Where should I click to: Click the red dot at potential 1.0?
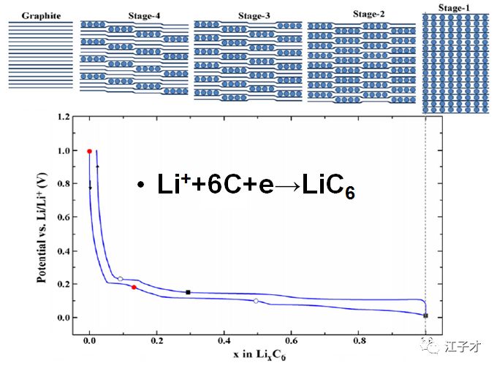89,151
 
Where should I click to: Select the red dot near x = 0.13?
134,287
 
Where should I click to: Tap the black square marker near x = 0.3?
188,292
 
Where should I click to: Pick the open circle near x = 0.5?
256,301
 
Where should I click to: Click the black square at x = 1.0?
425,315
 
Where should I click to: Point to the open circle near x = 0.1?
121,278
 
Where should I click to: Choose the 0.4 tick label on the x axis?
224,341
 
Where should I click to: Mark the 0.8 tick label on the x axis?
358,341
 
